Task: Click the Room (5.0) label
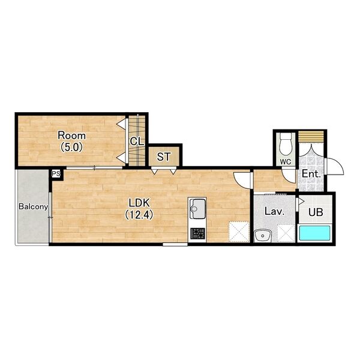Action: point(71,141)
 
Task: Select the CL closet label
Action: point(137,142)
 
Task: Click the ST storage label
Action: point(163,157)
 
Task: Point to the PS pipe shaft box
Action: point(56,174)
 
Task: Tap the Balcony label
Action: point(33,206)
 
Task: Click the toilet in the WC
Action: point(286,144)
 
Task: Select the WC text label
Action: point(286,161)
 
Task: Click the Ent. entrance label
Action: point(311,173)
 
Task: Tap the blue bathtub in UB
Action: point(315,233)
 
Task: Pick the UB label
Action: point(316,212)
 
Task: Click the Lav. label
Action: point(275,211)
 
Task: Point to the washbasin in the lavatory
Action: point(263,236)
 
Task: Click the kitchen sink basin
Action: point(197,209)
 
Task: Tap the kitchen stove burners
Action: point(197,233)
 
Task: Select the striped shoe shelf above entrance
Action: point(311,137)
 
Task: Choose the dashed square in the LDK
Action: point(239,232)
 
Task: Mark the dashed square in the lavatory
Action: point(286,233)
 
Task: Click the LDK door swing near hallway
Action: point(242,180)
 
